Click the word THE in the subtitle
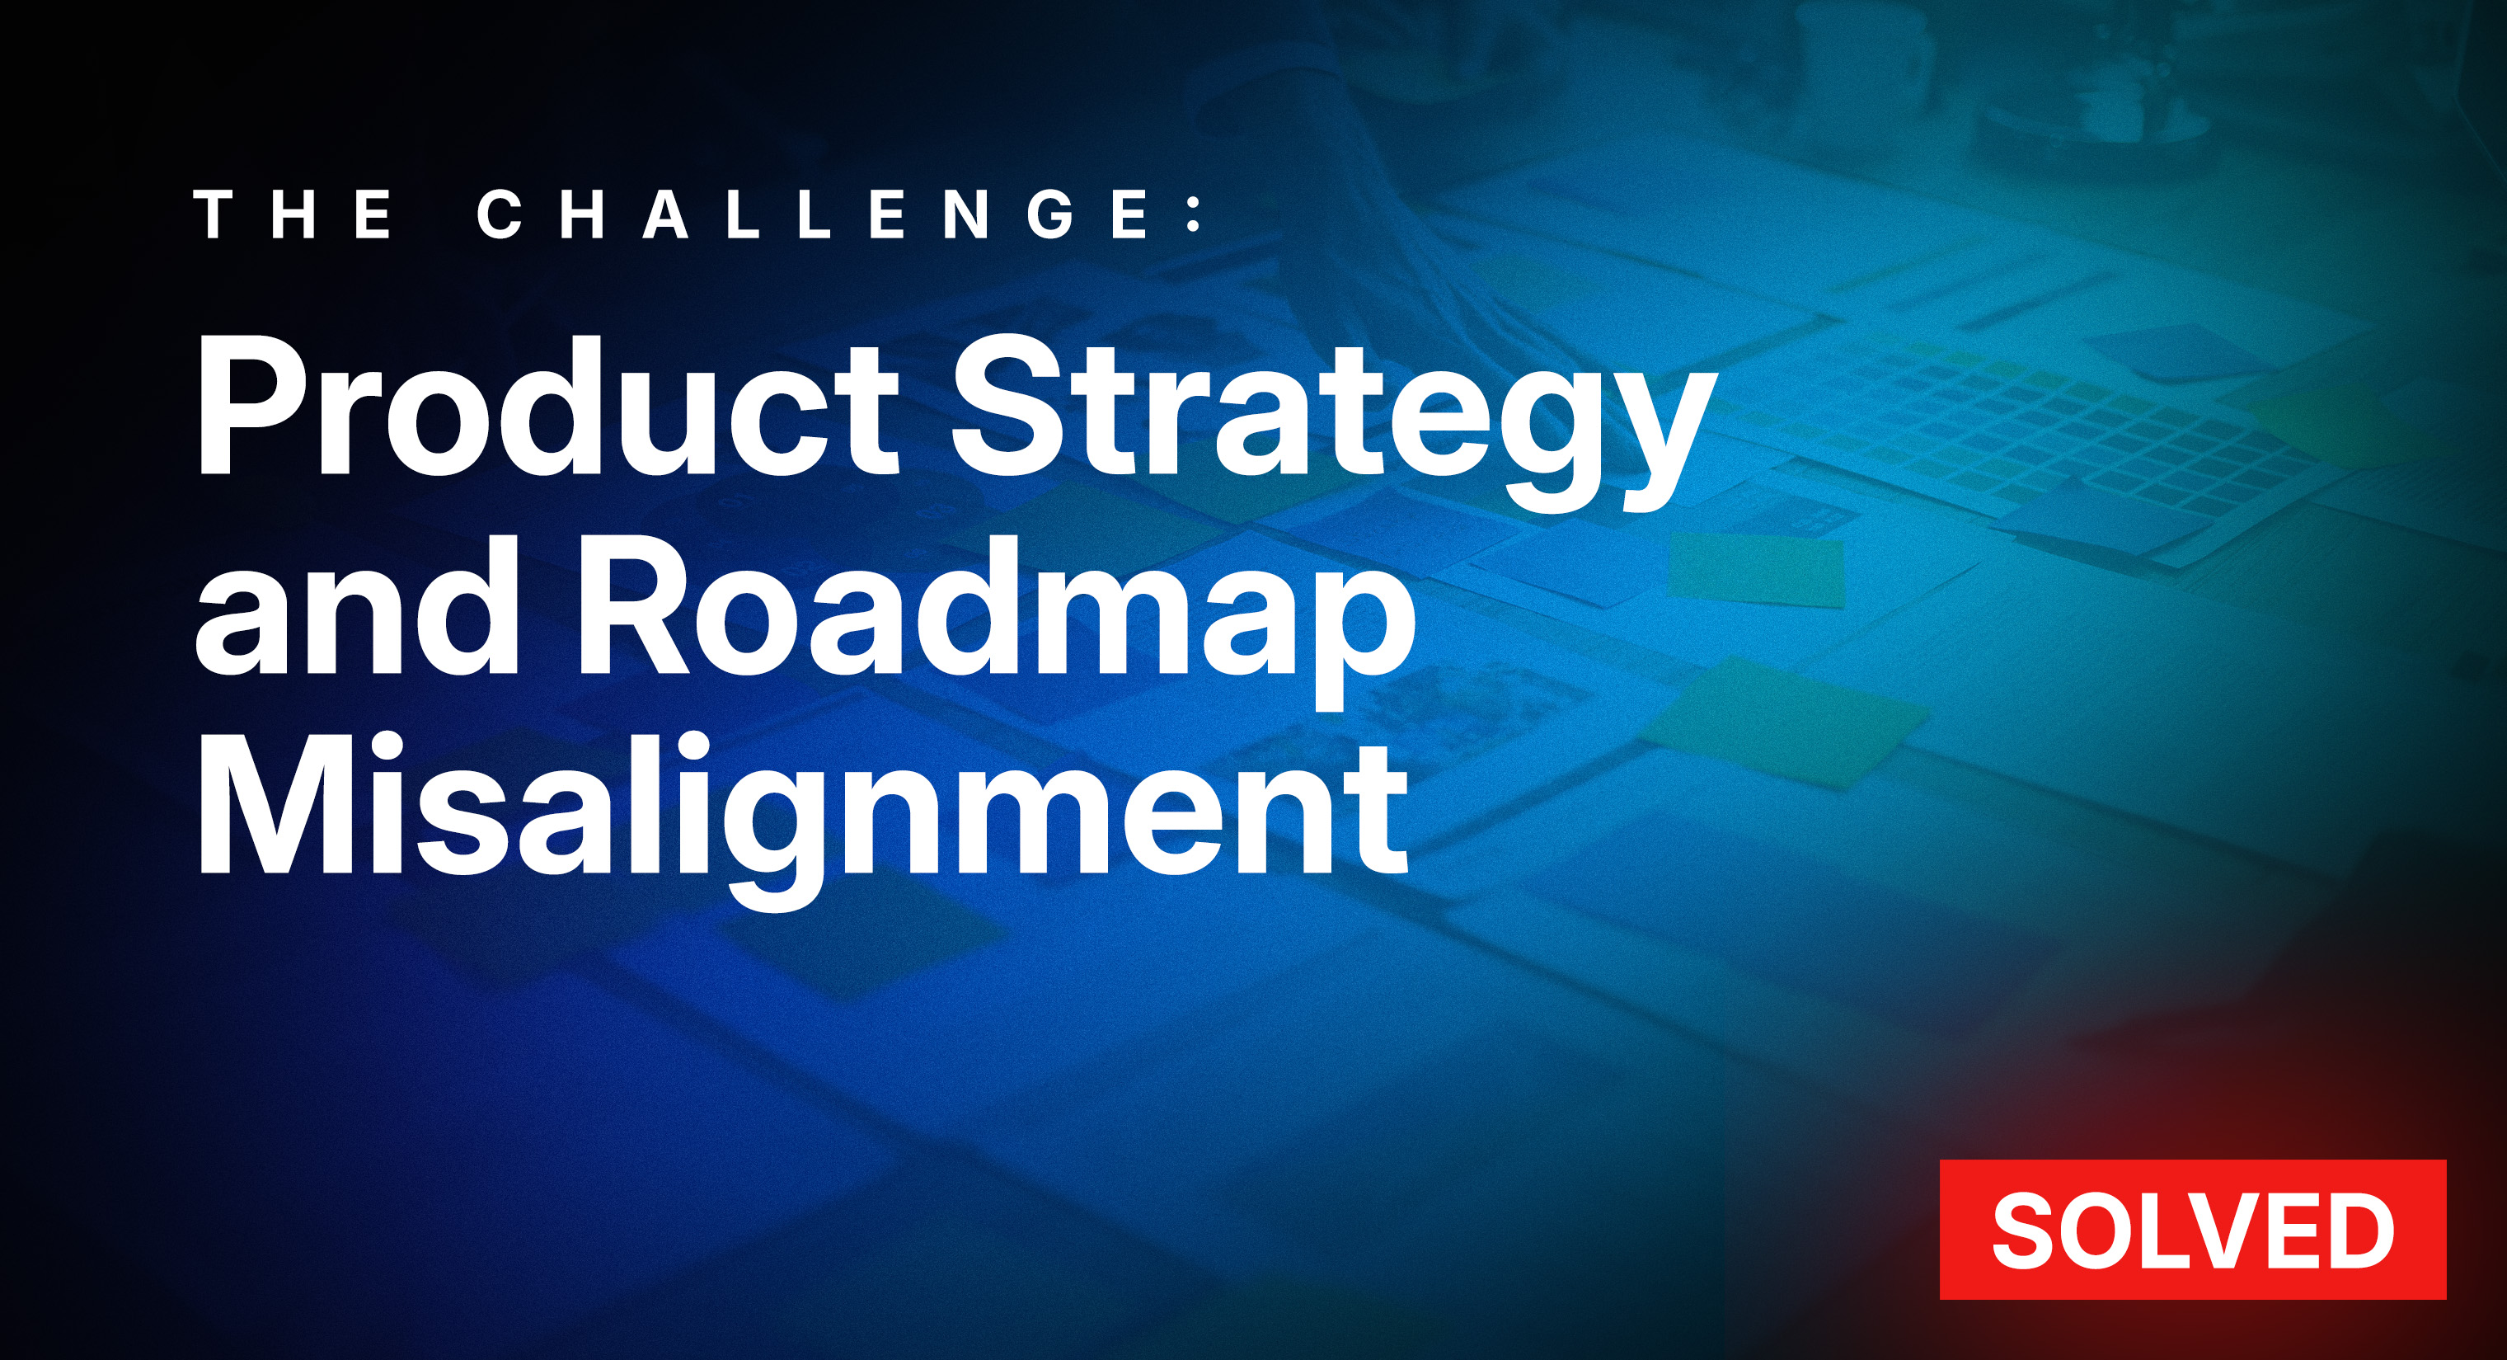click(295, 214)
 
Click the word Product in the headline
click(547, 406)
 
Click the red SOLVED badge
click(2193, 1230)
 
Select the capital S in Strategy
click(1009, 406)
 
